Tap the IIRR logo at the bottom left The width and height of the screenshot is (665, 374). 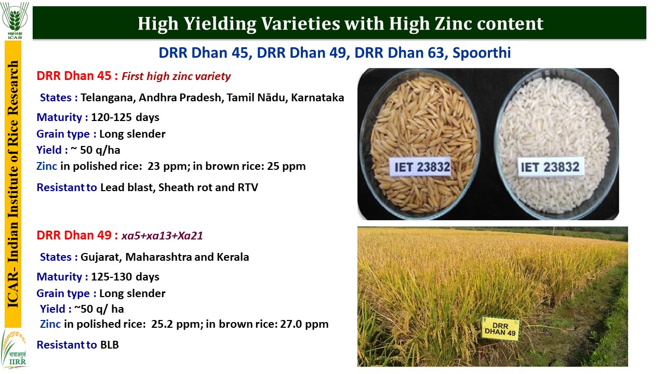pos(14,349)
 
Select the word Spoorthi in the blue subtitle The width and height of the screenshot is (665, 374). pos(482,53)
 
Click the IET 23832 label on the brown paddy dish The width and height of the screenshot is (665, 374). pos(421,167)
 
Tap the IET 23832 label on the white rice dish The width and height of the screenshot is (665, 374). pos(550,167)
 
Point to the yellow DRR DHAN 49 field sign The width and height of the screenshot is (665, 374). pos(500,329)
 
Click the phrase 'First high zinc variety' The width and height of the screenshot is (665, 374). pos(176,76)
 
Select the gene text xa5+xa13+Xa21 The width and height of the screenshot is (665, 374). pos(162,236)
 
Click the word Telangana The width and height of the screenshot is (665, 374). pos(108,98)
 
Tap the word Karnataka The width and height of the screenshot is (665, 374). pos(317,97)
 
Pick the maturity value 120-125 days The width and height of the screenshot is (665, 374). pos(125,117)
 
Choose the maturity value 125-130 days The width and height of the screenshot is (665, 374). pos(125,277)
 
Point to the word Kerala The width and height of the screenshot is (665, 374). pos(233,257)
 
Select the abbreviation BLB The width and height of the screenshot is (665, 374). pos(110,345)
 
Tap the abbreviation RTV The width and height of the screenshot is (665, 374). pos(248,188)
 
